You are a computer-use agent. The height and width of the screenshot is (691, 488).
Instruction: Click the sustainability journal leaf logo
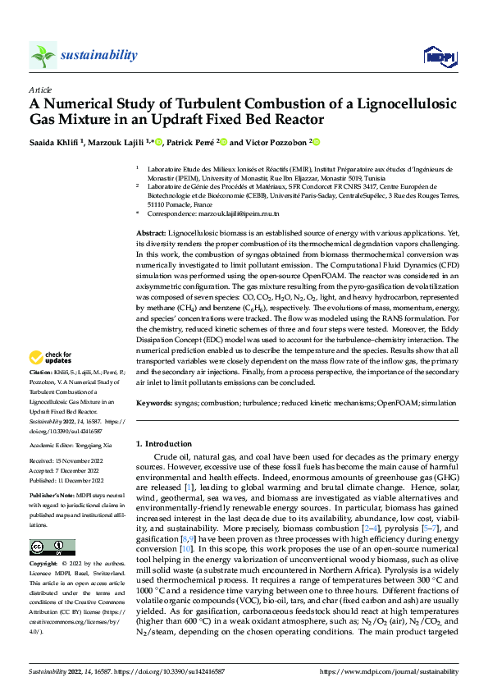pos(43,55)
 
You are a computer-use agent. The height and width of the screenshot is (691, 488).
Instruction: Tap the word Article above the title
pos(39,89)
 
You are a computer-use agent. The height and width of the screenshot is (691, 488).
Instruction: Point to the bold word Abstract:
pos(150,234)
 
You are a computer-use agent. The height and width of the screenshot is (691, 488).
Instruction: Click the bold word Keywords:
pos(153,403)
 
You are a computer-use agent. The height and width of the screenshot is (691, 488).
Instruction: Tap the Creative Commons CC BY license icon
pos(51,547)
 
